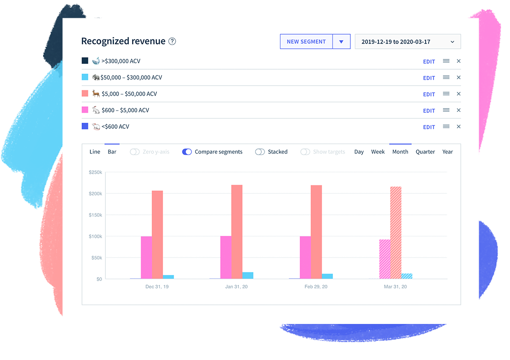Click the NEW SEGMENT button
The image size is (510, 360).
tap(306, 42)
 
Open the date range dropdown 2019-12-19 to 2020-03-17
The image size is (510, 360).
tap(407, 42)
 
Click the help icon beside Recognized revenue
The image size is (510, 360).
tap(172, 41)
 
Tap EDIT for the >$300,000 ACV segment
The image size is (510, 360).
tap(429, 61)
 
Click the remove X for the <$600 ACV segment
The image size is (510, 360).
tap(458, 126)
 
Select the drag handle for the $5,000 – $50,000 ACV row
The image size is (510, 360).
tap(446, 94)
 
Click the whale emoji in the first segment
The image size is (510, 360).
tap(96, 61)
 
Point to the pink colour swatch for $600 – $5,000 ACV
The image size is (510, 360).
tap(85, 110)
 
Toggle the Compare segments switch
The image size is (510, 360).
tap(187, 152)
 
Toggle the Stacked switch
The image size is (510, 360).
tap(260, 152)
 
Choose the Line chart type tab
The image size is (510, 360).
tap(95, 152)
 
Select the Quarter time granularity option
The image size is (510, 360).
tap(425, 152)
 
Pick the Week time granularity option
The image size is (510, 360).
tap(378, 152)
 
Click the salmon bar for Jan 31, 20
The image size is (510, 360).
tap(237, 232)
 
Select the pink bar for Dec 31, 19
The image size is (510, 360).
tap(147, 257)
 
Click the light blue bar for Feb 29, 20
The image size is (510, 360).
tap(327, 276)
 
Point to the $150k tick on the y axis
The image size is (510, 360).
tap(96, 215)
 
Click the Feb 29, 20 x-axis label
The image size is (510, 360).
tap(316, 287)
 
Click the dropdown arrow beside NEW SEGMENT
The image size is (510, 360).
tap(341, 42)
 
